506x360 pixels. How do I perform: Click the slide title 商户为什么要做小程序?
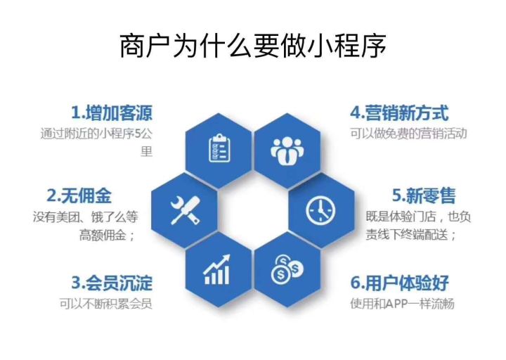coord(253,47)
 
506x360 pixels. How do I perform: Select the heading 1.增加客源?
coord(111,112)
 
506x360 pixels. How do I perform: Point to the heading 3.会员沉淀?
coord(111,283)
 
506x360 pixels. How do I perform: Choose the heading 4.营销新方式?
coord(399,112)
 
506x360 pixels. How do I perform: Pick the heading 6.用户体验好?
coord(399,283)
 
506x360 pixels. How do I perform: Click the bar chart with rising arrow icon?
coord(219,269)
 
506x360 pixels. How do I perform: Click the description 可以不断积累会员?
coord(105,304)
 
